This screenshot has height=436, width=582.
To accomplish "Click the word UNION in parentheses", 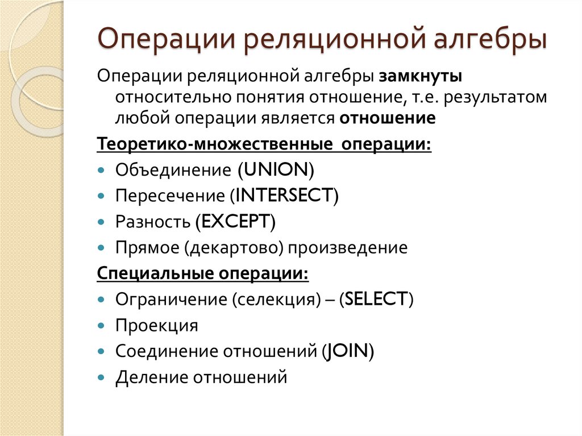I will coord(276,170).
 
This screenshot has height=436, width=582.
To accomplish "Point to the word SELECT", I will coord(376,299).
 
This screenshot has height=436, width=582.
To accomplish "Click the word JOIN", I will coord(346,351).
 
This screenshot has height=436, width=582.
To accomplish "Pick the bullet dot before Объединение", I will coord(101,171).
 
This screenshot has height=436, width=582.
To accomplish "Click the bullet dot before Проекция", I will coord(101,326).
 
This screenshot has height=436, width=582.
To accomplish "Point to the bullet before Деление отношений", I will coord(101,377).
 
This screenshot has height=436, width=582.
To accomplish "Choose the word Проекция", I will coord(157,326).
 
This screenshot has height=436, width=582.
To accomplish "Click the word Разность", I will coord(152,222).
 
